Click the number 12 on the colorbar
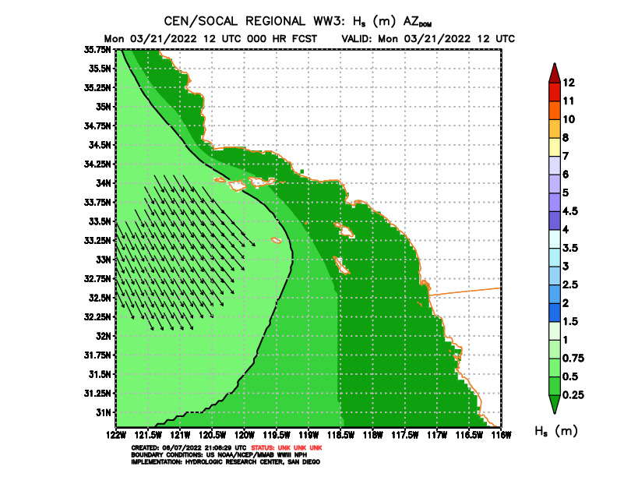pos(569,83)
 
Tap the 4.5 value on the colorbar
pos(571,210)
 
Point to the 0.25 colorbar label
pos(573,394)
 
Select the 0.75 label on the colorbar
pos(573,358)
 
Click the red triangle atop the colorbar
pos(553,72)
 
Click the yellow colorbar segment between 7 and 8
pos(553,147)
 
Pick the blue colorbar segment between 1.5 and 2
pos(553,312)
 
